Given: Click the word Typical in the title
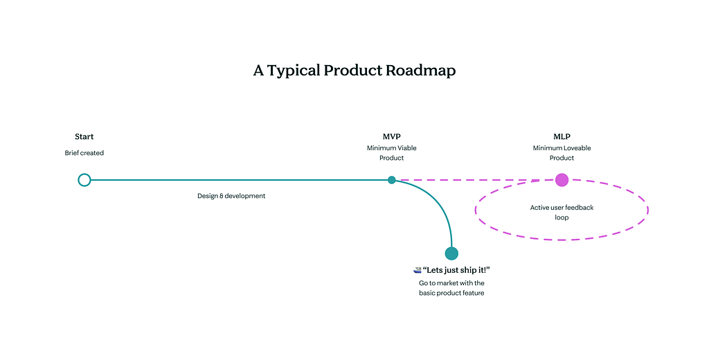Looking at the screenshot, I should (294, 71).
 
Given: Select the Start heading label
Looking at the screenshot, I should (84, 137).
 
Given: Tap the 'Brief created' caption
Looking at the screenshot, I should (84, 153).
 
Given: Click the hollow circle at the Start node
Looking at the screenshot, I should (84, 180).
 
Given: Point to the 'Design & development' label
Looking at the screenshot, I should (231, 196).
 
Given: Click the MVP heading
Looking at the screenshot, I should (391, 137).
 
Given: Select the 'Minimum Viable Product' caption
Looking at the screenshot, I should (391, 153).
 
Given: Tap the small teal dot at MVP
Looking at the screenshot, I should (392, 180).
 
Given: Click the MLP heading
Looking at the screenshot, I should (562, 137).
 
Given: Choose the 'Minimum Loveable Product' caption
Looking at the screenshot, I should (562, 153).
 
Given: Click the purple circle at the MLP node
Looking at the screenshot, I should (562, 180).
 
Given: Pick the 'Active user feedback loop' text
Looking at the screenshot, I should (562, 212).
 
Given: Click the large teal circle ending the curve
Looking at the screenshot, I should (451, 253).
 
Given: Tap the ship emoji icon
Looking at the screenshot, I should (417, 270).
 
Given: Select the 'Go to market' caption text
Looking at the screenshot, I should (451, 288).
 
